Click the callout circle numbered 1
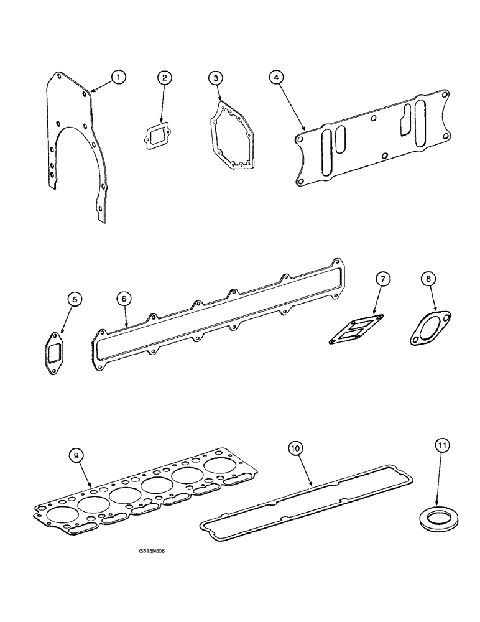(118, 77)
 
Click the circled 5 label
(74, 300)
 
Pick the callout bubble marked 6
(124, 300)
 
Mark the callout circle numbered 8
(428, 280)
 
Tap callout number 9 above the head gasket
(76, 457)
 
